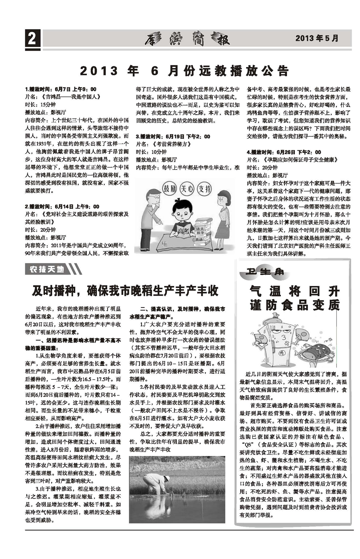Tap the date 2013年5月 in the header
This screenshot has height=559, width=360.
317,38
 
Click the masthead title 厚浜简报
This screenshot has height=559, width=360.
187,38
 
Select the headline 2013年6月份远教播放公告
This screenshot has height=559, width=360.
184,71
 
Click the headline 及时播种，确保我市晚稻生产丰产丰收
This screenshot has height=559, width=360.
125,290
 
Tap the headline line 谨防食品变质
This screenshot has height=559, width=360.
294,305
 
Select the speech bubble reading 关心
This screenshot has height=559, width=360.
187,188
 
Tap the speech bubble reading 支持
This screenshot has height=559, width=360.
204,188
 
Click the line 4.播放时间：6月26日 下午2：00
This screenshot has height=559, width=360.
284,152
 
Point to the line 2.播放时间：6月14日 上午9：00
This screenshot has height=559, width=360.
62,206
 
